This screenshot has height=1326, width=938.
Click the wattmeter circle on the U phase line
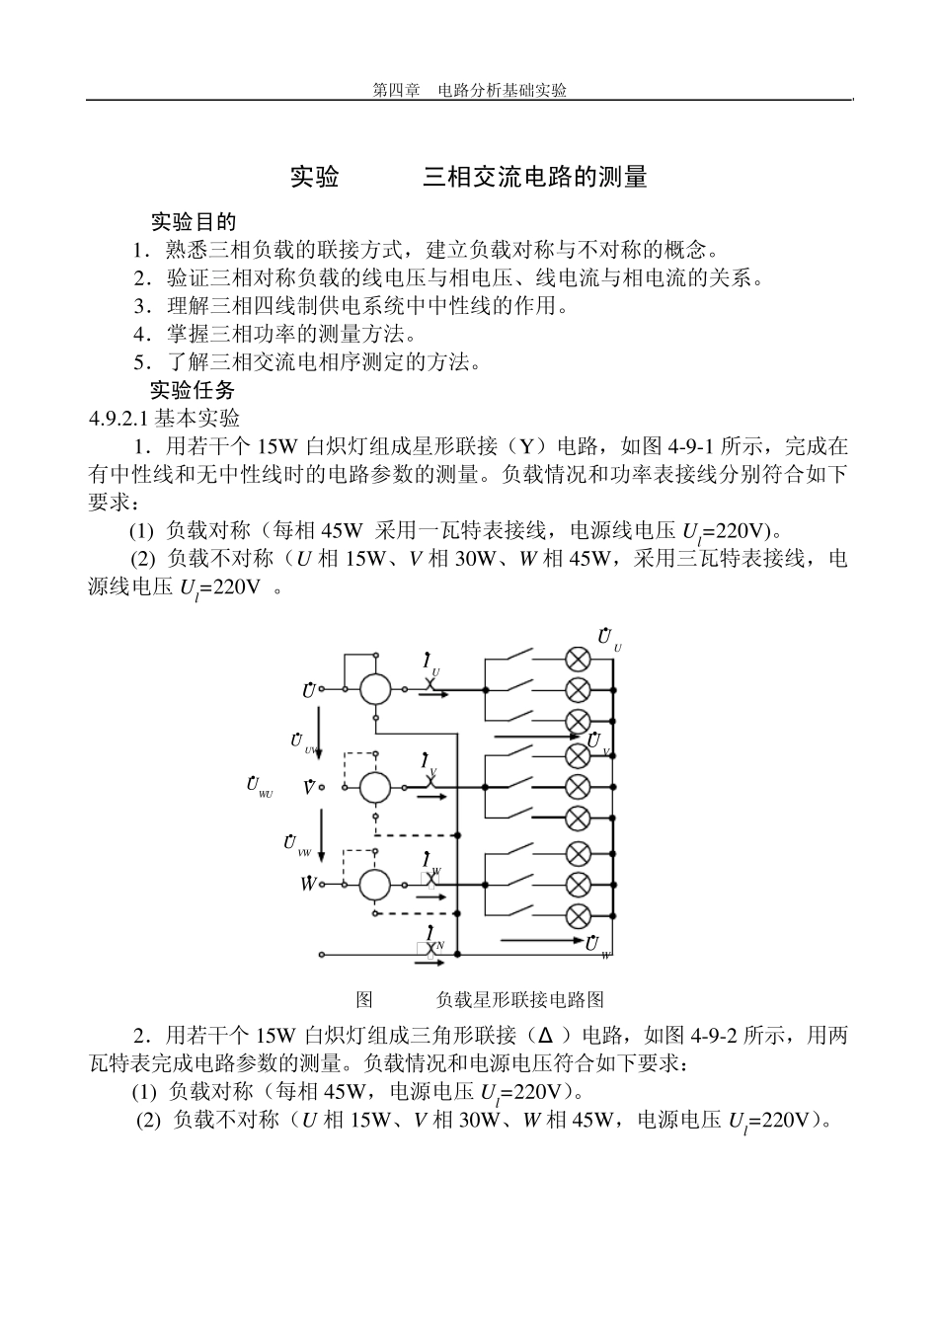(x=375, y=689)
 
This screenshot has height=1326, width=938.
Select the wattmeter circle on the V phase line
(x=375, y=787)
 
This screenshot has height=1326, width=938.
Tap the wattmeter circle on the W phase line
(x=375, y=885)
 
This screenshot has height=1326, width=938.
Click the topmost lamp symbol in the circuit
(x=577, y=659)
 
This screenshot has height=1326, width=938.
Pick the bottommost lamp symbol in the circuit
(x=577, y=915)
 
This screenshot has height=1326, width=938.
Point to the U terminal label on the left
(x=309, y=690)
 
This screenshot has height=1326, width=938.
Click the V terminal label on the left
(x=309, y=788)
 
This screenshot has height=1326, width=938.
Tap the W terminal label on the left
(x=309, y=884)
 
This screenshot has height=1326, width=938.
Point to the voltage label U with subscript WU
(x=259, y=786)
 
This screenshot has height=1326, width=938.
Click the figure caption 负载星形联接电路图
(x=519, y=999)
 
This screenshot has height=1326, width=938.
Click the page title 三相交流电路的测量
(x=535, y=178)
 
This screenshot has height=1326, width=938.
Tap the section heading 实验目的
(x=193, y=222)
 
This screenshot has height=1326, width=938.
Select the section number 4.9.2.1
(x=118, y=419)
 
